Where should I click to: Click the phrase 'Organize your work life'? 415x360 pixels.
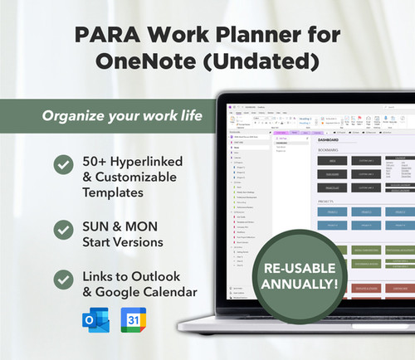(123, 114)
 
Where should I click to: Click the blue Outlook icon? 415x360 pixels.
(94, 320)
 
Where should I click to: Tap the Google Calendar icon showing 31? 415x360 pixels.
(133, 320)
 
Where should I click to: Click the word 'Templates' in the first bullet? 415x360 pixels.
(120, 192)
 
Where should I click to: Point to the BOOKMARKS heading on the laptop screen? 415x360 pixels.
(332, 151)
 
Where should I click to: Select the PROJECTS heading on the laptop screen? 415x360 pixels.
(330, 202)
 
